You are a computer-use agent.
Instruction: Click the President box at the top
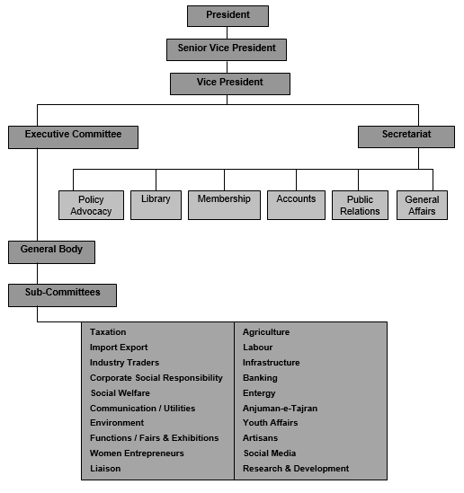[x=228, y=16]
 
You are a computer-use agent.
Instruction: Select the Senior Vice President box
[x=227, y=49]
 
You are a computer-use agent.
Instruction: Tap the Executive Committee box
[x=74, y=137]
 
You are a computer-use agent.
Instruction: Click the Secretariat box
[x=406, y=137]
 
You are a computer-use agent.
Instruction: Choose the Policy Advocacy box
[x=92, y=205]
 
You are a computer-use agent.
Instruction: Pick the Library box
[x=156, y=205]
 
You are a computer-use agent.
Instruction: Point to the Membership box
[x=224, y=205]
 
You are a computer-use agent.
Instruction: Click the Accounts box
[x=296, y=205]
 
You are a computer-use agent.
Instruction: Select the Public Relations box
[x=360, y=205]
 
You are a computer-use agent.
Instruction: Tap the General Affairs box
[x=422, y=205]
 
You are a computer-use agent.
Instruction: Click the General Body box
[x=51, y=252]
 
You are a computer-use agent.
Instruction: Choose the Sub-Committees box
[x=62, y=295]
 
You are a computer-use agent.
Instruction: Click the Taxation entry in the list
[x=108, y=332]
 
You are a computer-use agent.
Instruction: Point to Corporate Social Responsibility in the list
[x=156, y=378]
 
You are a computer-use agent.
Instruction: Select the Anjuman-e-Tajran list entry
[x=281, y=409]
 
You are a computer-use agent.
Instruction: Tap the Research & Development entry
[x=296, y=469]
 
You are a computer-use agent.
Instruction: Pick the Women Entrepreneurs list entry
[x=137, y=453]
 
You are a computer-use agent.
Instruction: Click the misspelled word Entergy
[x=259, y=393]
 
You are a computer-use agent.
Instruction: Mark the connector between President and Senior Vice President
[x=227, y=32]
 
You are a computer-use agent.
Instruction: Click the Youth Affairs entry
[x=271, y=423]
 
